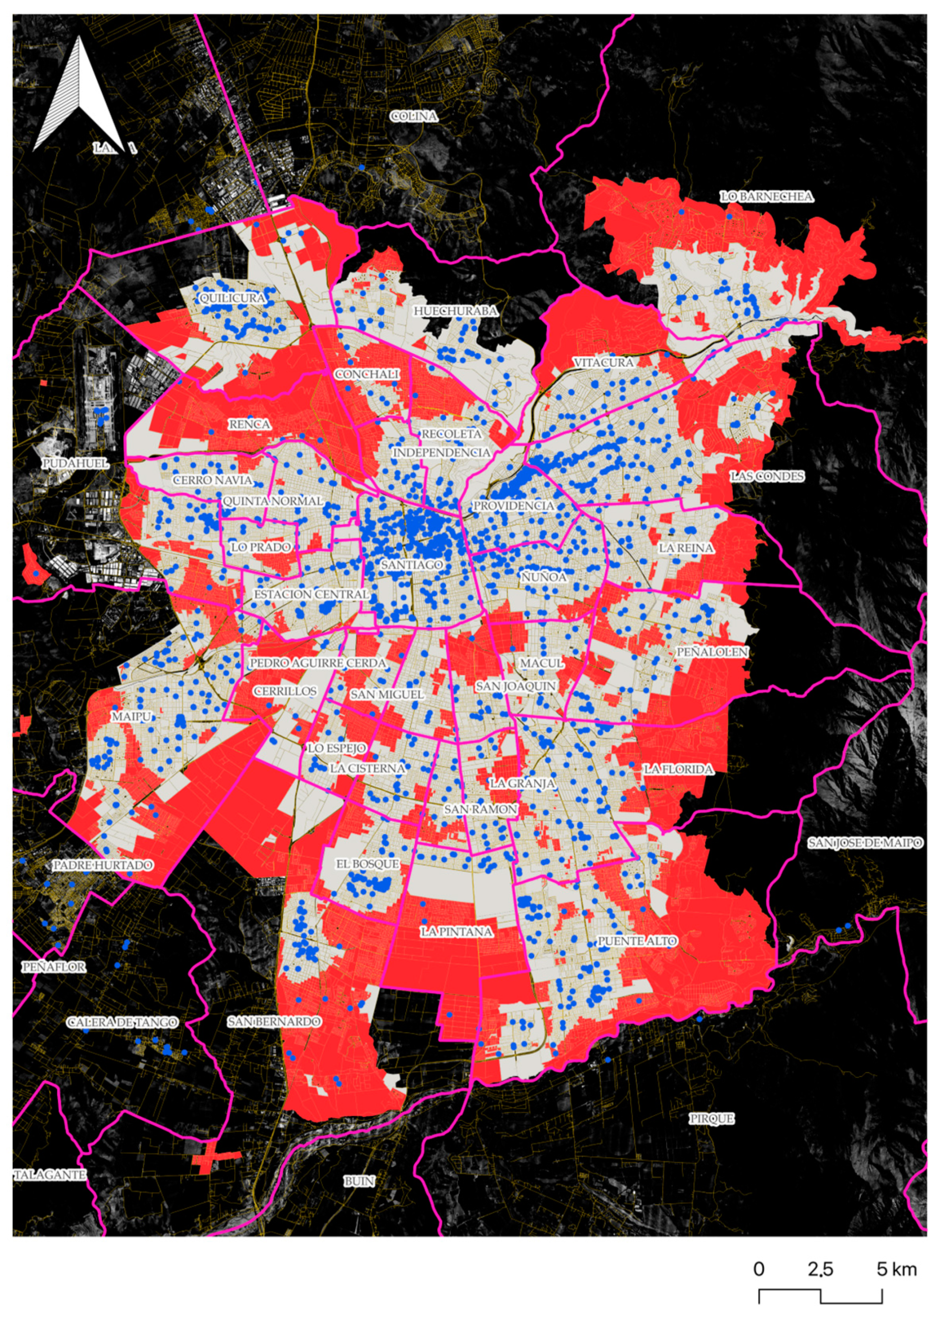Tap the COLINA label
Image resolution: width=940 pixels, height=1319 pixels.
[x=415, y=116]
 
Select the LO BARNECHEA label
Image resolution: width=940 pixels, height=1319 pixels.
[x=766, y=197]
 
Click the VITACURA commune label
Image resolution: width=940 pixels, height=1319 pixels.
[x=603, y=363]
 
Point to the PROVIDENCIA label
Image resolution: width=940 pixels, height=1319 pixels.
[x=513, y=506]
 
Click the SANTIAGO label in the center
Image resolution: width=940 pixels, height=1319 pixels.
[x=412, y=564]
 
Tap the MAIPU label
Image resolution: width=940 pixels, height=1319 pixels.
[x=131, y=717]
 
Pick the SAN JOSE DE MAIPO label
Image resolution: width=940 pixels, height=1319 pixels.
[x=865, y=843]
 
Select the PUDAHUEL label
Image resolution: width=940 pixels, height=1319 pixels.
[x=75, y=464]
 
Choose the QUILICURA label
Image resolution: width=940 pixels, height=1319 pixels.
[x=232, y=299]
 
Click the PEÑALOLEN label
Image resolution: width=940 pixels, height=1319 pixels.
[x=712, y=652]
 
